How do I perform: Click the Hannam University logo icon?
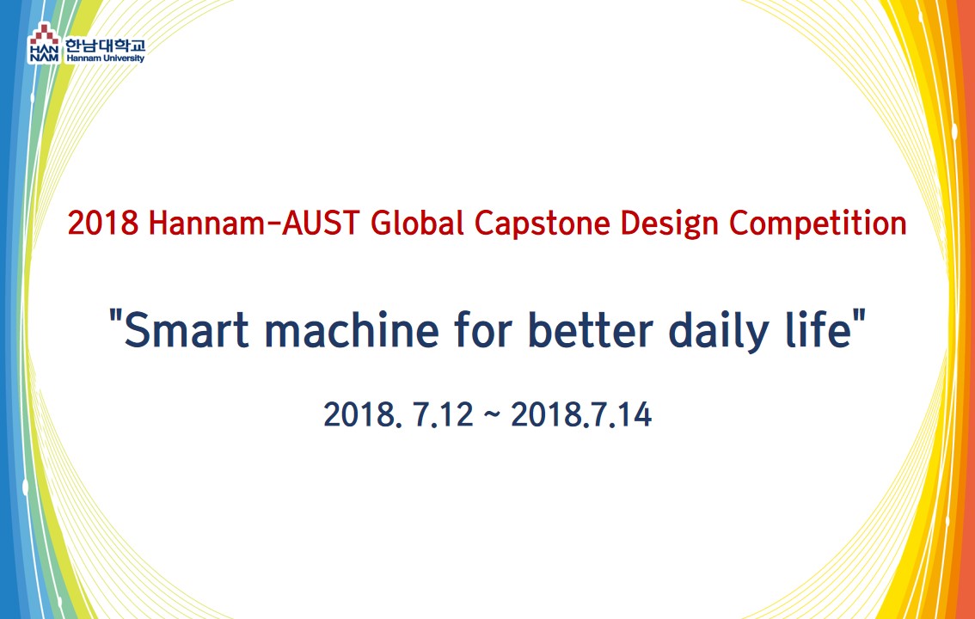(x=44, y=43)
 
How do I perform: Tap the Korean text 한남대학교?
(x=105, y=46)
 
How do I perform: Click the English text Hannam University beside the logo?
(x=105, y=58)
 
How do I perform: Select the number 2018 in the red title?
(x=102, y=224)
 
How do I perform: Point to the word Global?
(x=417, y=223)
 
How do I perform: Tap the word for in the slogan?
(x=483, y=329)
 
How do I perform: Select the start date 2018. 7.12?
(x=398, y=414)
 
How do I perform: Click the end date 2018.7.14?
(x=580, y=414)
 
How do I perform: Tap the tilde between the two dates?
(x=491, y=414)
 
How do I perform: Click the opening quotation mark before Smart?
(x=114, y=317)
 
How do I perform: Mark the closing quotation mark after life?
(x=859, y=317)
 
